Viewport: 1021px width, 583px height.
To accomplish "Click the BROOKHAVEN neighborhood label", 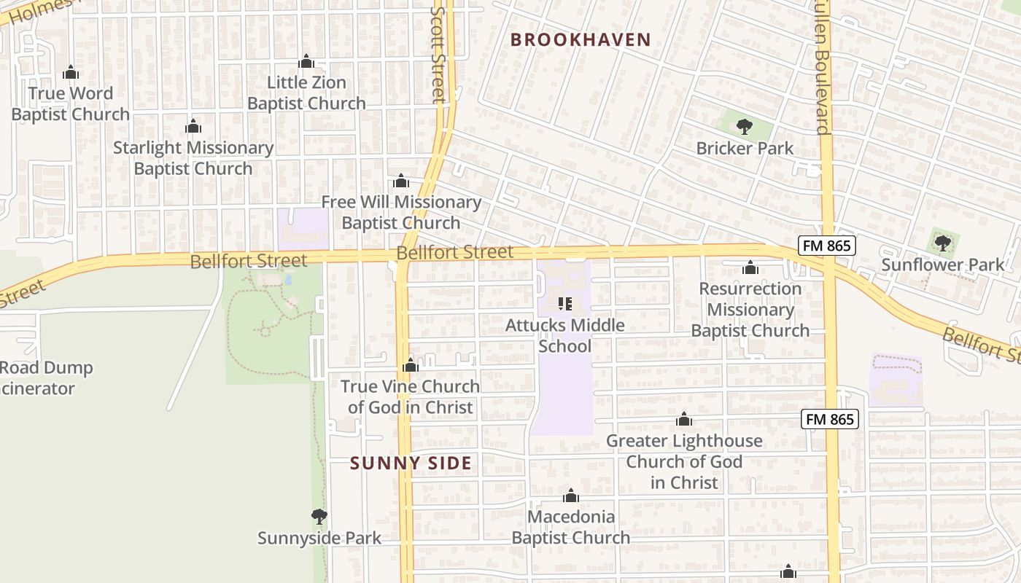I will [x=581, y=39].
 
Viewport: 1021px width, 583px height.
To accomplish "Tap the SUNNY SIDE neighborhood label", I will [x=411, y=463].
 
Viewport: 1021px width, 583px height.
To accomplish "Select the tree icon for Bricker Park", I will [x=744, y=128].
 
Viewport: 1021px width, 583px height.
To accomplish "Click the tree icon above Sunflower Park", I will [x=942, y=243].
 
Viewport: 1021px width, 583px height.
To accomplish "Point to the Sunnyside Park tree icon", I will [x=319, y=517].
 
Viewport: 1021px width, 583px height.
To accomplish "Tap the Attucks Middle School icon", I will [x=565, y=304].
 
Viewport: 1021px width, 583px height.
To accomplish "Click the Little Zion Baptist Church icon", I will [x=306, y=61].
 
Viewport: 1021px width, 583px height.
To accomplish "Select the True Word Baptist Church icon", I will [x=71, y=73].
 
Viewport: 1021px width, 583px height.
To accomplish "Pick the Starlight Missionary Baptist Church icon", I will [x=193, y=127].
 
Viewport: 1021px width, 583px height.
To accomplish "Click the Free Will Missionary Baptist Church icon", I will [x=400, y=181].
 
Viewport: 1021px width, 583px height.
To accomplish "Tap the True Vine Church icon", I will [x=411, y=365].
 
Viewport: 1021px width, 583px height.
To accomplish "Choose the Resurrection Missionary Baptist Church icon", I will [x=750, y=268].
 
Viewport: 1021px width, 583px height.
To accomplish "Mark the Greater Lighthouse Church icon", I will [x=684, y=420].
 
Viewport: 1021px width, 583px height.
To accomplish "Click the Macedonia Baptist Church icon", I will [x=570, y=496].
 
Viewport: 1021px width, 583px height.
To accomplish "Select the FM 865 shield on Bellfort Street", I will [x=826, y=246].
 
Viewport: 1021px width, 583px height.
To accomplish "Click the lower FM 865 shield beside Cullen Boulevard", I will [x=830, y=419].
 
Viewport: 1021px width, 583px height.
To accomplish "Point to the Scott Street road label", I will [x=438, y=55].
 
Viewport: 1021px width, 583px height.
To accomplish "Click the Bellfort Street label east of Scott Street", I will [x=455, y=253].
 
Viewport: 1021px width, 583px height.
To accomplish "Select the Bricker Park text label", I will [x=745, y=148].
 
